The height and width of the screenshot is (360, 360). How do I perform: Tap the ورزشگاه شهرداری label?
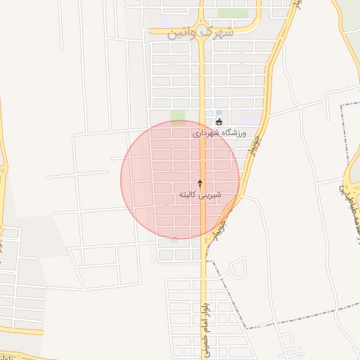tap(219, 132)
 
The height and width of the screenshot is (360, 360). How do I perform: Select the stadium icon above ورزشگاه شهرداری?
tap(219, 122)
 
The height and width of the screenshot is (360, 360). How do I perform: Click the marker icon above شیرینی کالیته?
tap(200, 183)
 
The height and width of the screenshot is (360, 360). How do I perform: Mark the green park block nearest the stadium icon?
tap(178, 116)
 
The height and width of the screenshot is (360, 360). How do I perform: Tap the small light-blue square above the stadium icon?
tap(219, 112)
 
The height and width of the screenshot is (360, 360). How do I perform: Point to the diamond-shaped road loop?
tap(238, 266)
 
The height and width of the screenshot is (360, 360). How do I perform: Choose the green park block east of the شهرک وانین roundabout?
tap(233, 13)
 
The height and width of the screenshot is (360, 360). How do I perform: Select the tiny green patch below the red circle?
tap(174, 240)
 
